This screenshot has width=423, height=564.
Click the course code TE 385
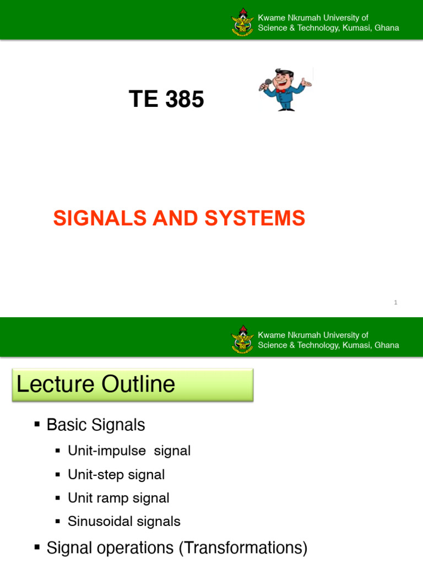(166, 100)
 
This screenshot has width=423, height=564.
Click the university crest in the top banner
(242, 23)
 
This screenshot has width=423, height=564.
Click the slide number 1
(395, 302)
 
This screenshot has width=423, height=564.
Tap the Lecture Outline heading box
(132, 384)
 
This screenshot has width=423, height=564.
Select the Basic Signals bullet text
(96, 425)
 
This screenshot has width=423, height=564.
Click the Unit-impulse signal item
(129, 451)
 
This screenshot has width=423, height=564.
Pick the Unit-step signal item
(116, 474)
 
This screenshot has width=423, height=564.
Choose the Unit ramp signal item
(118, 498)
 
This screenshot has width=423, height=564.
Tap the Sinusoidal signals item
(124, 521)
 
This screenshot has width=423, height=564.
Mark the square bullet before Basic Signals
(37, 424)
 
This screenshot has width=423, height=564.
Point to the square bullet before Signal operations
(37, 547)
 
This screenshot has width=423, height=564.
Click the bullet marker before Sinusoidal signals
(58, 521)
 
